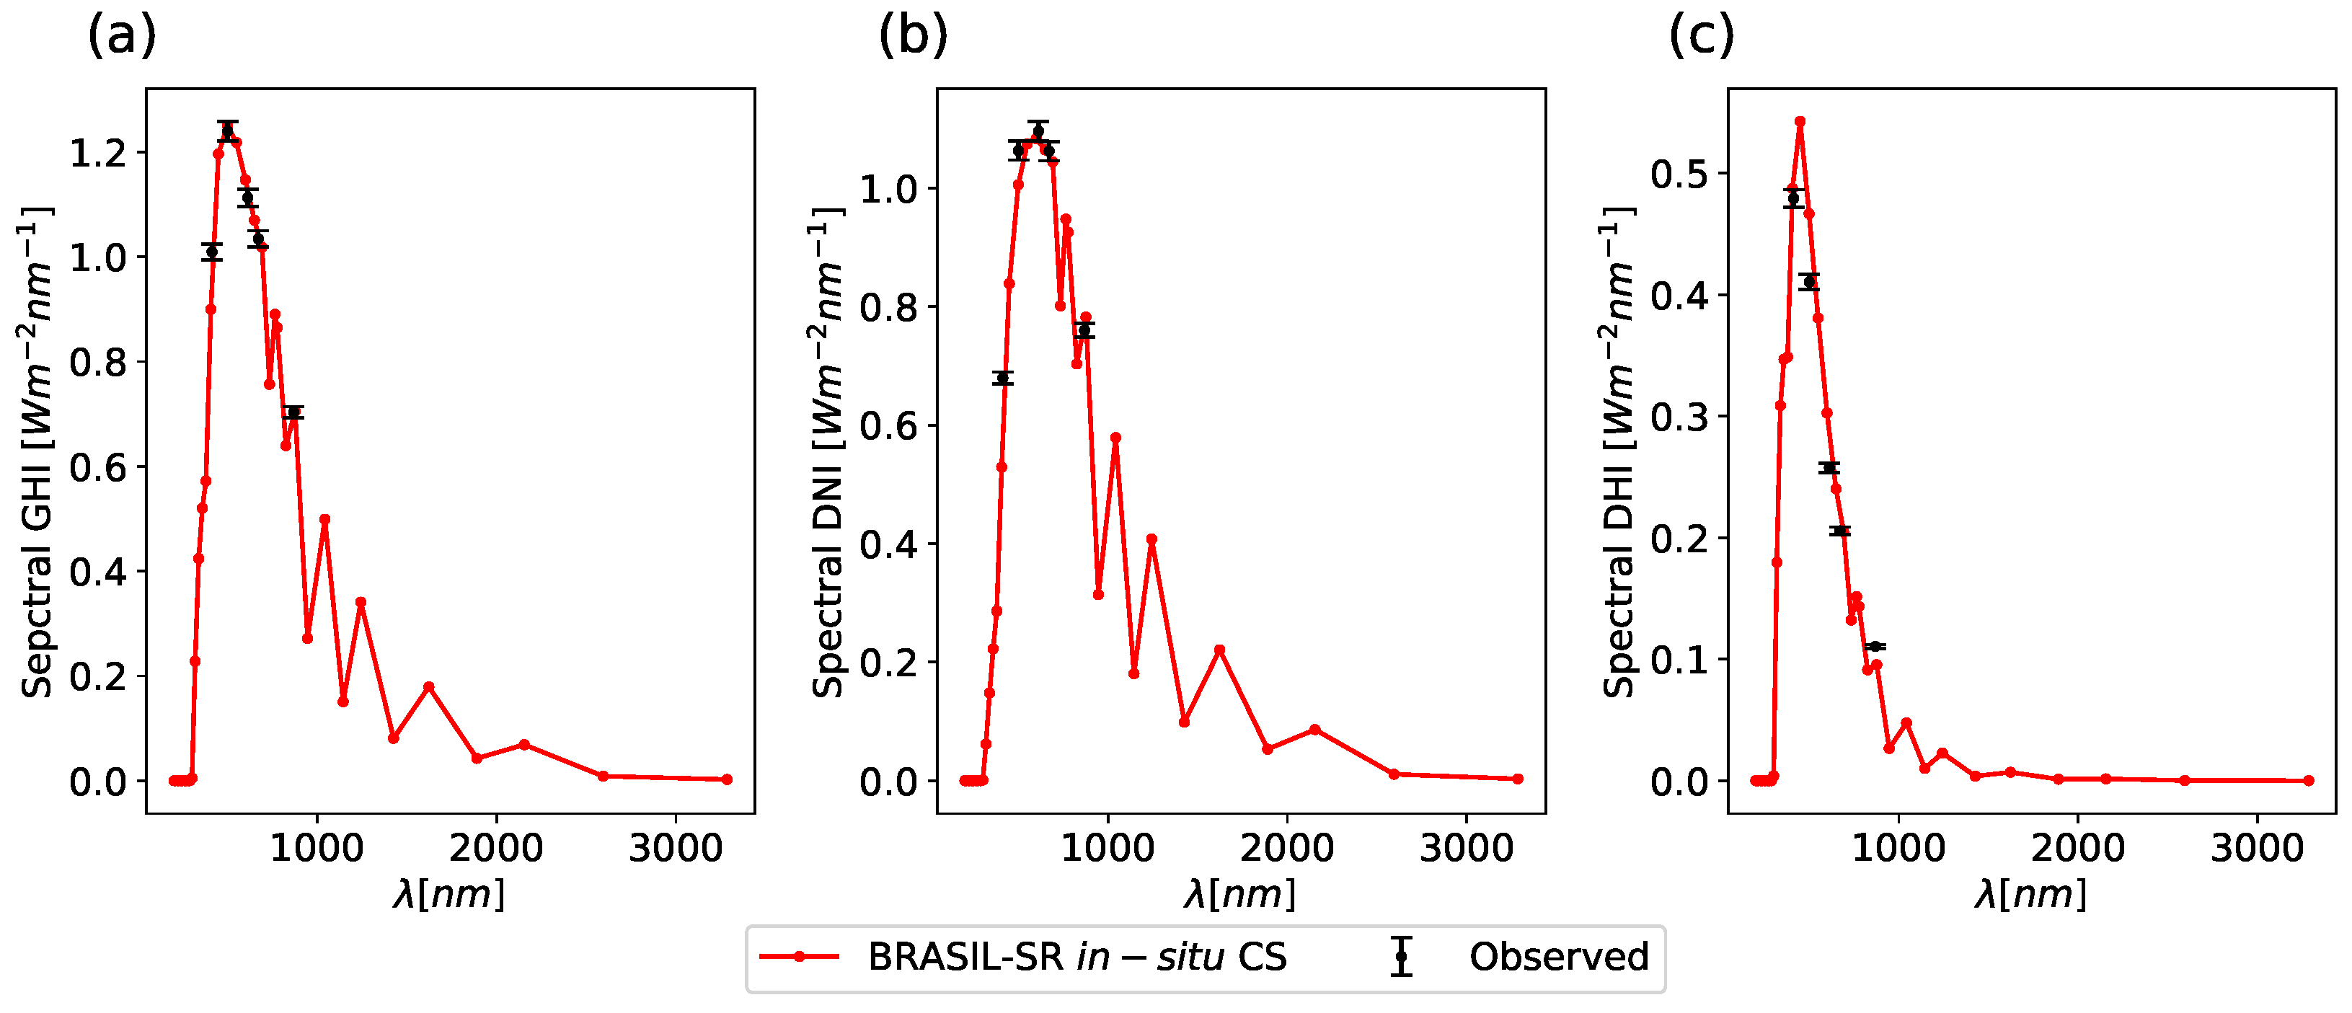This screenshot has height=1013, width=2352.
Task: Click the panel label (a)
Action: pyautogui.click(x=121, y=37)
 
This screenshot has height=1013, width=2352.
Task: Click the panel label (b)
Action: pyautogui.click(x=913, y=37)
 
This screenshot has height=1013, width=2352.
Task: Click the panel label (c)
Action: pyautogui.click(x=1701, y=37)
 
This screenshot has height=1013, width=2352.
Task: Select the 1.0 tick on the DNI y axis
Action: pyautogui.click(x=888, y=190)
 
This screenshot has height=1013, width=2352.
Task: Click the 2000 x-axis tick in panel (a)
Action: pyautogui.click(x=496, y=849)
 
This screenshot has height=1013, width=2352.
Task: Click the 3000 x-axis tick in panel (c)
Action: pyautogui.click(x=2257, y=849)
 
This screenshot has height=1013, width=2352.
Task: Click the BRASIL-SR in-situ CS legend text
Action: pyautogui.click(x=1076, y=957)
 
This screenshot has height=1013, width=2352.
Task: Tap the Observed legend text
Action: pyautogui.click(x=1559, y=957)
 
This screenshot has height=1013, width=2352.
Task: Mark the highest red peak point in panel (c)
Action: pyautogui.click(x=1800, y=121)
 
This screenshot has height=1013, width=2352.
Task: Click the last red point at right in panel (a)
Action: pyautogui.click(x=727, y=779)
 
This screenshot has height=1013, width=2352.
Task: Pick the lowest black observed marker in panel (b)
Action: pyautogui.click(x=1002, y=378)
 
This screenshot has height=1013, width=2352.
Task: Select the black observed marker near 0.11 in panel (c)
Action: pyautogui.click(x=1875, y=647)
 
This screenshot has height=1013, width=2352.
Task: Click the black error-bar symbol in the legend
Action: pyautogui.click(x=1402, y=957)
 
